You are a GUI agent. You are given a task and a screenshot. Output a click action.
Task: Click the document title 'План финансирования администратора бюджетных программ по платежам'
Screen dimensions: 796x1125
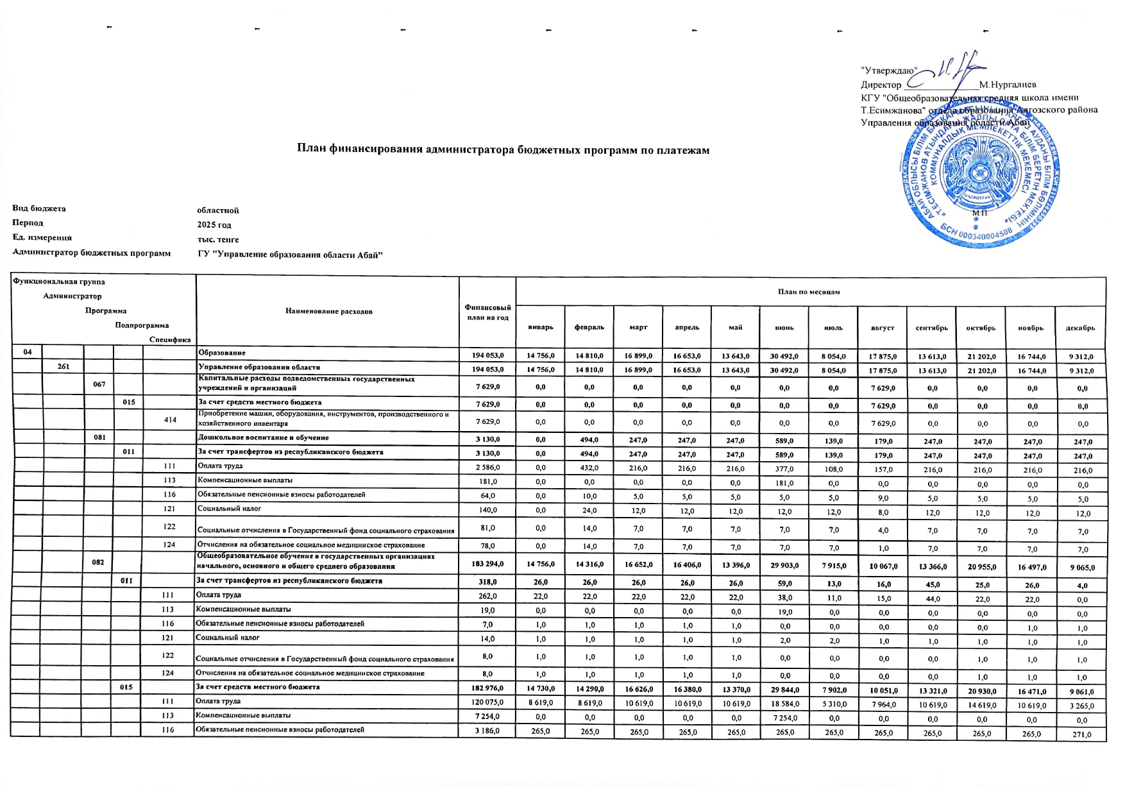tap(503, 150)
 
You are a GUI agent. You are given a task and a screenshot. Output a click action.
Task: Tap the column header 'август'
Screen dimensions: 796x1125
tap(882, 328)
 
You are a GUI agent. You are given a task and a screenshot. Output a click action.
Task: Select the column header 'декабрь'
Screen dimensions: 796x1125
tap(1080, 328)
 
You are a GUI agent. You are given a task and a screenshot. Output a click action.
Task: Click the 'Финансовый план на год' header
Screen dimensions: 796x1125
tap(488, 312)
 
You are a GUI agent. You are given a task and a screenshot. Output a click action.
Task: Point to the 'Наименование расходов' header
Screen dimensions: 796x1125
tap(328, 311)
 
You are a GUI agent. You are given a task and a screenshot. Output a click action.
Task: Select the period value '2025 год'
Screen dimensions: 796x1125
tap(214, 225)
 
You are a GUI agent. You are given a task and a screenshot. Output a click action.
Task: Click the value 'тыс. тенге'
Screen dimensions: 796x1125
tap(218, 240)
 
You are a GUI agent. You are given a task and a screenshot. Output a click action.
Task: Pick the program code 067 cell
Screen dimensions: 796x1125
tap(98, 384)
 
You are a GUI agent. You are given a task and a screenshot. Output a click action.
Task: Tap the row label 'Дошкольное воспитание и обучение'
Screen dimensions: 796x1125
tap(264, 438)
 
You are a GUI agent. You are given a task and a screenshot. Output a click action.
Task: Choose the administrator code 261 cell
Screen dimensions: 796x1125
tap(62, 367)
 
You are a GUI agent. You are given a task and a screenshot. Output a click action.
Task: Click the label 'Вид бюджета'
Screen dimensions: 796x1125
tap(38, 208)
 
